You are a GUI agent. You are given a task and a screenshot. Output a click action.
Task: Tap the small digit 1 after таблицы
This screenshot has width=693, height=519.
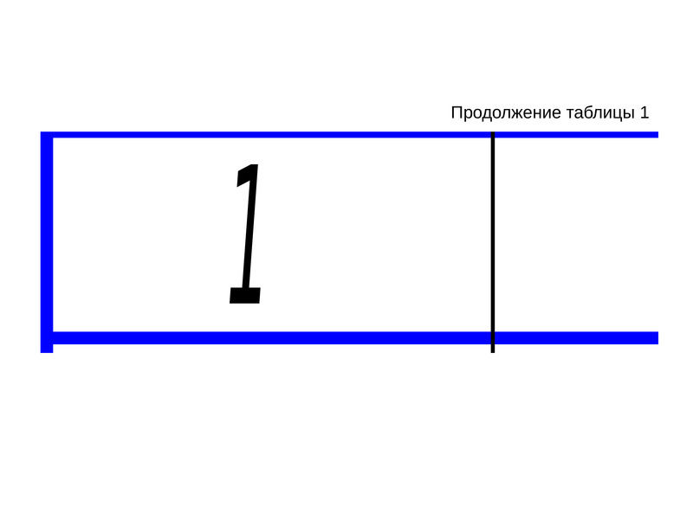click(644, 112)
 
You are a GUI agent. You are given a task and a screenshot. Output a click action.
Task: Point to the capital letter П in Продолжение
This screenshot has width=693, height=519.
click(457, 112)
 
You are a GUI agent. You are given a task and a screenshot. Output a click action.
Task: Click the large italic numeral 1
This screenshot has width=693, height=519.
click(245, 234)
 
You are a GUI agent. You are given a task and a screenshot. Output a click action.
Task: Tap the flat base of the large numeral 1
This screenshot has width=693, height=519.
click(245, 295)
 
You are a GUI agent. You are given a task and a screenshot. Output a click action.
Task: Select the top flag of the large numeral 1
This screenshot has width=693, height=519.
click(246, 175)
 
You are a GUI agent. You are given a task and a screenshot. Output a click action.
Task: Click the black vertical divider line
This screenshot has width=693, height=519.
click(493, 242)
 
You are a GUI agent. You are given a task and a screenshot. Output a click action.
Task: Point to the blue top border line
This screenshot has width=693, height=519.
click(349, 135)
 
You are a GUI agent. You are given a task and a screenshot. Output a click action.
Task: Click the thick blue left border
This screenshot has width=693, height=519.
click(47, 242)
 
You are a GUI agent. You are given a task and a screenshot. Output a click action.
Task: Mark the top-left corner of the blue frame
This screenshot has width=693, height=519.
click(41, 132)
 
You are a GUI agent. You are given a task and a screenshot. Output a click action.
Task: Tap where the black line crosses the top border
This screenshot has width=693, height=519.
click(493, 135)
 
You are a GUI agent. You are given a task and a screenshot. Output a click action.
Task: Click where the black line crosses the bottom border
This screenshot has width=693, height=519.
click(493, 338)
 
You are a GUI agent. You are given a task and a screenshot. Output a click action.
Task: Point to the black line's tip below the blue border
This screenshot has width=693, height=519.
click(493, 353)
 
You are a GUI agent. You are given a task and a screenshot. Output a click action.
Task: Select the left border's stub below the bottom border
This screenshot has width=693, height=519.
click(47, 349)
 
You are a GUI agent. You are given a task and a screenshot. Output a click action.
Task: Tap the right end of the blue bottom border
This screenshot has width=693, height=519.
click(658, 338)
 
